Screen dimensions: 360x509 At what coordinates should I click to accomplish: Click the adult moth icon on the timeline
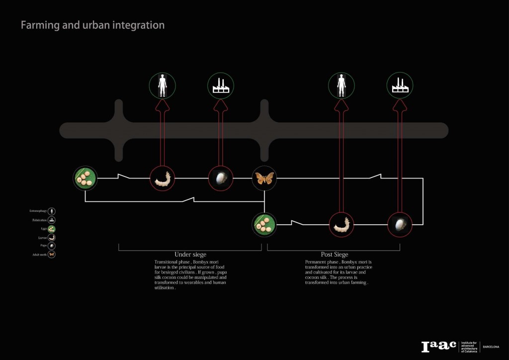click(264, 178)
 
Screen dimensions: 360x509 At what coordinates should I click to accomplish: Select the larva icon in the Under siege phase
click(162, 178)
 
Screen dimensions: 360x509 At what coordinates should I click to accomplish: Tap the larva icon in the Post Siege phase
click(341, 224)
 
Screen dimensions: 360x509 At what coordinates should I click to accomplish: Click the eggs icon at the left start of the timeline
click(85, 178)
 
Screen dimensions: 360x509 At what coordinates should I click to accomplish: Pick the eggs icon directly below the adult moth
click(264, 224)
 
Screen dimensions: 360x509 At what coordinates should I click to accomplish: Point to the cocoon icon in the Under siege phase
click(220, 178)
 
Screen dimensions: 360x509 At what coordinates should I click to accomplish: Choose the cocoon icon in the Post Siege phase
click(400, 224)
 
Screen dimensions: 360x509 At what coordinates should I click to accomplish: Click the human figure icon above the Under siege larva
click(162, 85)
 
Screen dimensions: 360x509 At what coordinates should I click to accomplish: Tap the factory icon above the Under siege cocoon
click(220, 85)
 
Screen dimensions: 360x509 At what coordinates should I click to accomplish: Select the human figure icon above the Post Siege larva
click(341, 85)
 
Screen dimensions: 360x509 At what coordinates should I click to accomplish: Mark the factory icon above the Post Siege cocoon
click(399, 85)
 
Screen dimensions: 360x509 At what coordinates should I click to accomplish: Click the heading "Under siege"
click(190, 255)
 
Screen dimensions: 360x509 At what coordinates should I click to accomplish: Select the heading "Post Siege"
click(334, 255)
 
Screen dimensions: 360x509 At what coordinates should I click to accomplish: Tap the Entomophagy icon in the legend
click(52, 211)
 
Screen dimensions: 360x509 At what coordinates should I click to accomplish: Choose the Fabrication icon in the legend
click(52, 220)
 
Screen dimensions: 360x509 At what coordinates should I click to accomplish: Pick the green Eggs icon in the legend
click(52, 229)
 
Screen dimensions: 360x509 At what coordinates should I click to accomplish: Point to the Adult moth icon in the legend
click(52, 255)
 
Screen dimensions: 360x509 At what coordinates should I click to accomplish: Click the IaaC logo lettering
click(438, 346)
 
